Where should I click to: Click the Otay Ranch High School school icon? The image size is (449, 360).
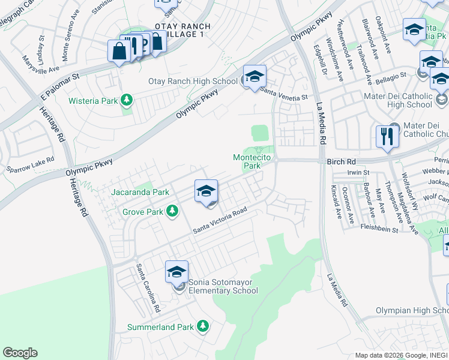(x=255, y=76)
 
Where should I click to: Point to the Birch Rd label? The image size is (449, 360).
(x=341, y=162)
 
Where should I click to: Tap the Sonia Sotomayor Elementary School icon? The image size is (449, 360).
(x=176, y=272)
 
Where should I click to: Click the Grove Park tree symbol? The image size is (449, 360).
(x=172, y=211)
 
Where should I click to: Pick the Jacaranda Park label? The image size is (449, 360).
(x=140, y=192)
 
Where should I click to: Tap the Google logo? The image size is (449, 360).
(x=20, y=353)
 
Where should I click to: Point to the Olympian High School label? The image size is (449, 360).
(x=412, y=310)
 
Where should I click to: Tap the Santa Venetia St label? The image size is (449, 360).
(x=284, y=92)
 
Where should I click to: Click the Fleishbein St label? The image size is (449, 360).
(x=379, y=228)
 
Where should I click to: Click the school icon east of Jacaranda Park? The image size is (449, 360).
(x=206, y=191)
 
